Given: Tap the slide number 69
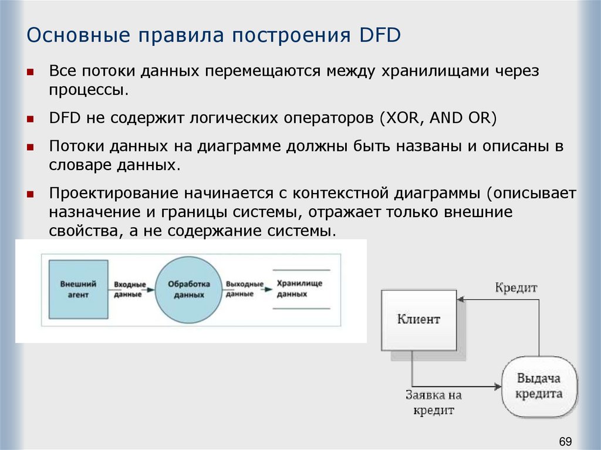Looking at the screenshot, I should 565,441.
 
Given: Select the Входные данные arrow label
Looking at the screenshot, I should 127,289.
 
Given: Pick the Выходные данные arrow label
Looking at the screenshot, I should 244,289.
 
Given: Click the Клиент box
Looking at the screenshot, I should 418,320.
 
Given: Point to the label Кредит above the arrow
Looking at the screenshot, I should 516,288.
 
